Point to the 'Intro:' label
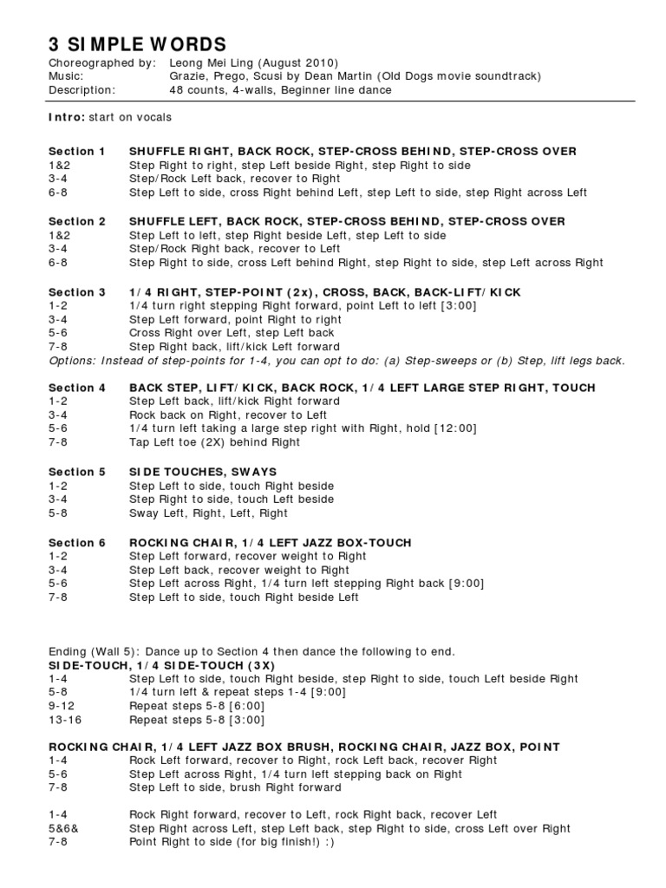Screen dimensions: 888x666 coord(66,117)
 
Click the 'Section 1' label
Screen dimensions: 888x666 coord(77,151)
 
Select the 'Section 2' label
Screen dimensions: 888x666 coord(77,221)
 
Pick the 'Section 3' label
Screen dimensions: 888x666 coord(77,292)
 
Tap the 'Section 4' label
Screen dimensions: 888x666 coord(77,388)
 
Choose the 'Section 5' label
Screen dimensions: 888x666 coord(77,472)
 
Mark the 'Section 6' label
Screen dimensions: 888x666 coord(77,542)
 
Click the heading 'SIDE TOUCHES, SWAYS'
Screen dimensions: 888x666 coord(203,472)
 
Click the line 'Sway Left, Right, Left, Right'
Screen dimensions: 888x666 coord(208,513)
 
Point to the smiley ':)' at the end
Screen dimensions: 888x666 coord(328,842)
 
